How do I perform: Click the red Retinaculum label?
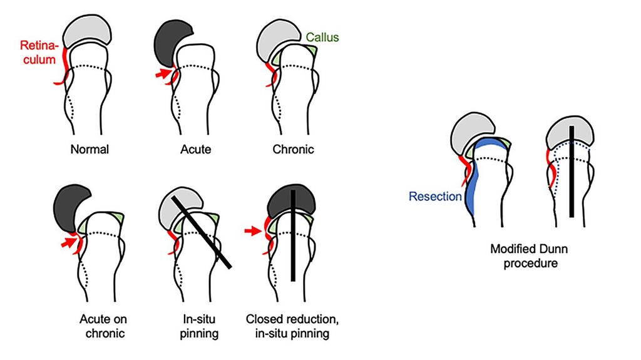pos(39,53)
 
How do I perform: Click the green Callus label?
pos(322,38)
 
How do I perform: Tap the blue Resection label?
pos(436,196)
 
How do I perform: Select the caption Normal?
pos(90,150)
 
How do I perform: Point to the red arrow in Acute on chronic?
pos(66,240)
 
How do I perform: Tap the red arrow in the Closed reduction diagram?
pos(251,231)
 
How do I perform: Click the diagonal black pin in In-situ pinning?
pos(201,230)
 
